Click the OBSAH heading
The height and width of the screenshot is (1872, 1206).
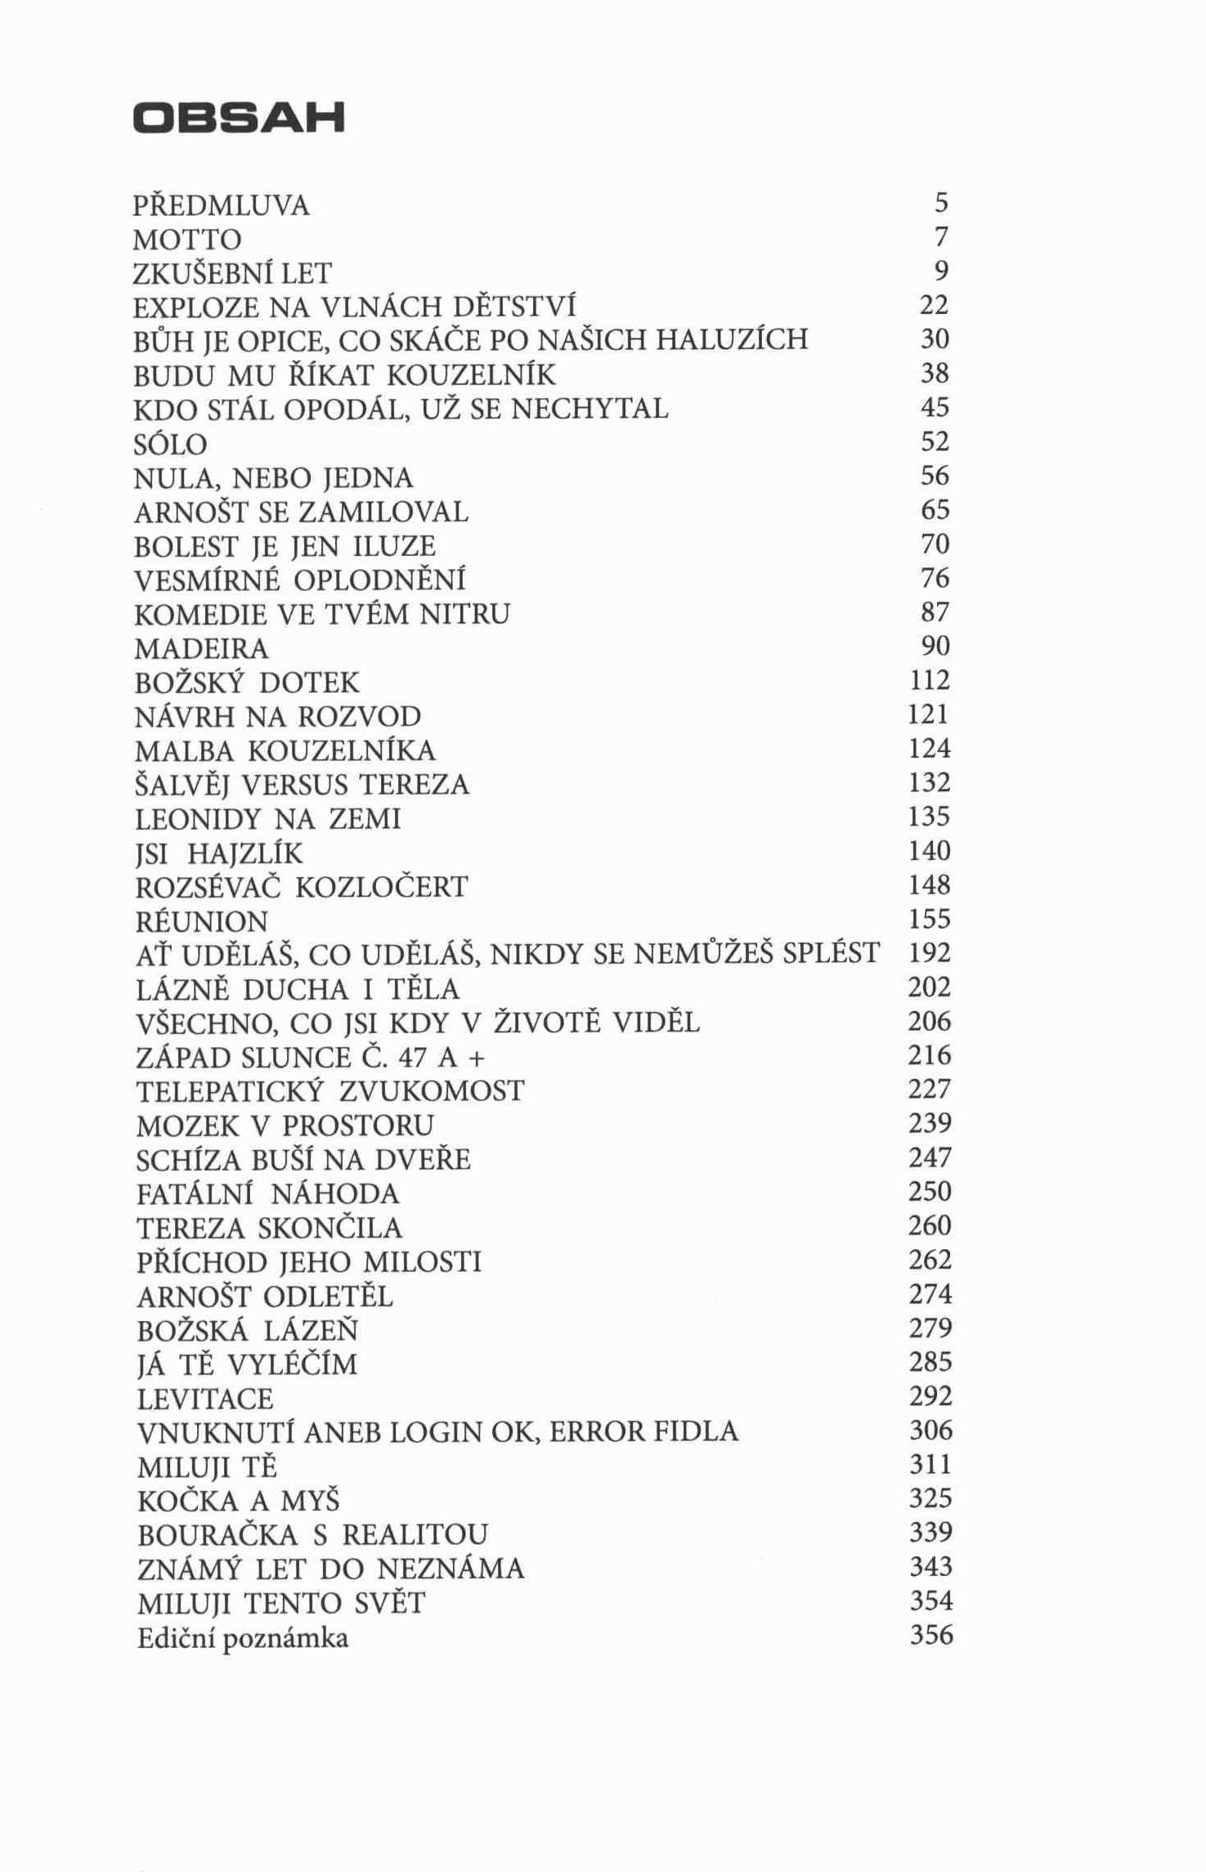point(239,119)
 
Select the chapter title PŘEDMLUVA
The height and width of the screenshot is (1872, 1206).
point(222,205)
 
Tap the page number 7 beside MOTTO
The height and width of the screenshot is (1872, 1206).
point(940,237)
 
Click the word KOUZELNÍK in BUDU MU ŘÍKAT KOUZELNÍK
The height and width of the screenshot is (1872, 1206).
point(470,375)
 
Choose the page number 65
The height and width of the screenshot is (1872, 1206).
point(935,510)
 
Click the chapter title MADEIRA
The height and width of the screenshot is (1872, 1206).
point(201,649)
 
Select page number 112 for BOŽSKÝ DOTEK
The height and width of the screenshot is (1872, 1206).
point(930,681)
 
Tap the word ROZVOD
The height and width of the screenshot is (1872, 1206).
point(359,717)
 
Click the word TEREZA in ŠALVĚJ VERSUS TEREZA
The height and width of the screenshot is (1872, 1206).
point(415,786)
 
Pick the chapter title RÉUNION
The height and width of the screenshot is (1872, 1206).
point(202,922)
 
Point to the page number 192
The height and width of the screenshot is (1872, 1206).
point(930,953)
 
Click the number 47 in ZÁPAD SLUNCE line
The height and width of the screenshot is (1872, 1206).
point(414,1058)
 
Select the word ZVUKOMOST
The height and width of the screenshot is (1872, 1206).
point(431,1091)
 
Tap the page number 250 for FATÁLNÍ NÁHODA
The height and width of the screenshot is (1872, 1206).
point(930,1192)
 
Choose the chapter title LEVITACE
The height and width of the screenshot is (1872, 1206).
point(204,1399)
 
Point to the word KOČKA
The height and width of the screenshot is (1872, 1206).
point(190,1501)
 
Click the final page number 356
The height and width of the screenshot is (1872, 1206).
point(931,1635)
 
